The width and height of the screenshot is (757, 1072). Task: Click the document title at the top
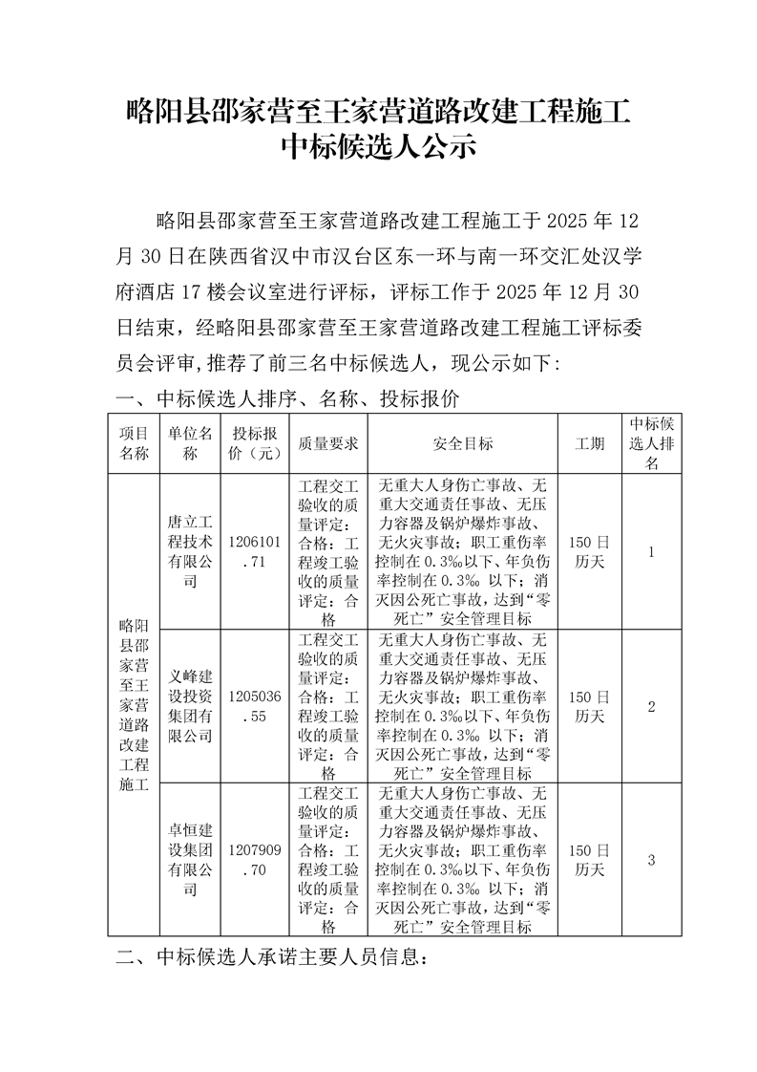(x=378, y=129)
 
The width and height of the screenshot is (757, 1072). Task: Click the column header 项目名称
(x=134, y=443)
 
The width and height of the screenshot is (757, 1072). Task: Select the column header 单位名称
(x=189, y=443)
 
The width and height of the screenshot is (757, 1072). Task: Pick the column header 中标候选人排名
(x=652, y=443)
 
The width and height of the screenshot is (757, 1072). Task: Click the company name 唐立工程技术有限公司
(x=189, y=551)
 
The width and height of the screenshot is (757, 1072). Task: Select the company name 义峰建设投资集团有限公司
(x=189, y=706)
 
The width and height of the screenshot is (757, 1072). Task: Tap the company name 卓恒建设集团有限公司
(x=189, y=859)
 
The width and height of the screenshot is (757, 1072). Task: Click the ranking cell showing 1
(x=651, y=551)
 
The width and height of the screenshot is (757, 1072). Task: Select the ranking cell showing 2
(x=651, y=706)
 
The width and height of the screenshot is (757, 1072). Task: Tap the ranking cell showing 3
(x=651, y=859)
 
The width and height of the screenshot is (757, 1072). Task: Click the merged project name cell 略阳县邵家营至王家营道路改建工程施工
(x=134, y=706)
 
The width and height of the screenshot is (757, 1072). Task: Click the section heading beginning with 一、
(x=286, y=397)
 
